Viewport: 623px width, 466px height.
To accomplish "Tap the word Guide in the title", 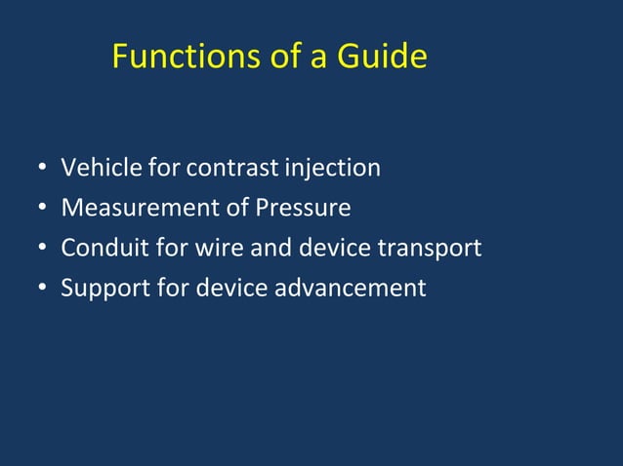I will tap(382, 57).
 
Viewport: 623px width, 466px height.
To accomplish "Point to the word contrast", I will tap(231, 169).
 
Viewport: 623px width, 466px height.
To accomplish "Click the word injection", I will tap(332, 169).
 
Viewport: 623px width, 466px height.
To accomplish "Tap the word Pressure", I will tap(303, 209).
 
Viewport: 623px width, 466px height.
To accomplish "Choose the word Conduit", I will tap(104, 249).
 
